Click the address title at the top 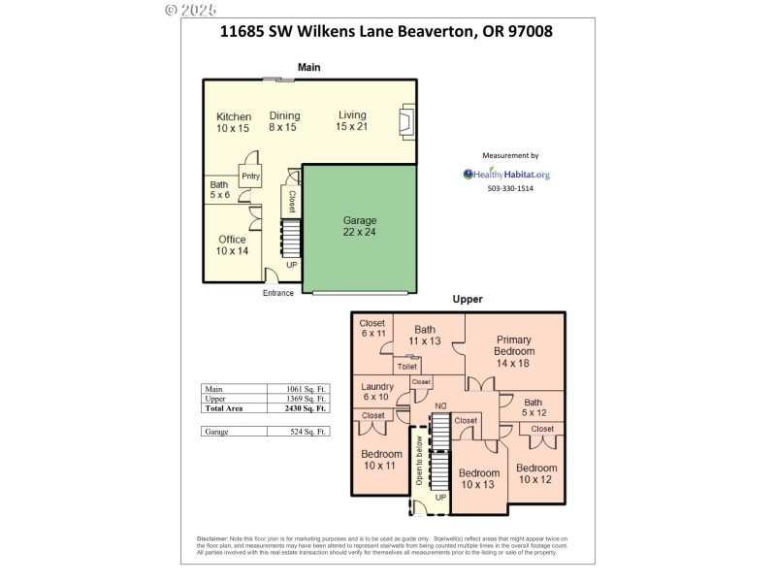(387, 31)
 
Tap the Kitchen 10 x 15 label (233, 122)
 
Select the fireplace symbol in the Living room (407, 123)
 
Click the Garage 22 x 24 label (360, 226)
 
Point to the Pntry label (250, 176)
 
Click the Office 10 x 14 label (232, 244)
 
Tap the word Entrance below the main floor (277, 293)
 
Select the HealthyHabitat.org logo (506, 175)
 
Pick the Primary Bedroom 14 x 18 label (514, 350)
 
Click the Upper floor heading (468, 300)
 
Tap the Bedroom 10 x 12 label (536, 473)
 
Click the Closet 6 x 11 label (372, 328)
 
